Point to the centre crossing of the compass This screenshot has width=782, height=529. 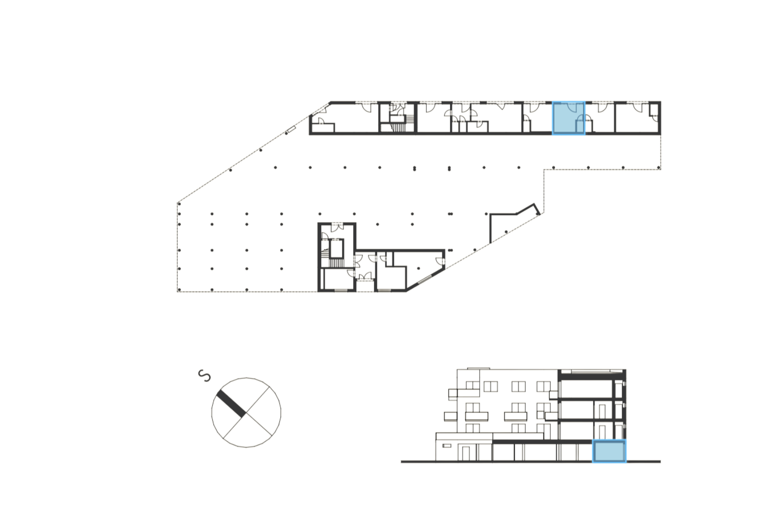(246, 413)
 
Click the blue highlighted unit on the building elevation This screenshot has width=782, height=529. (609, 451)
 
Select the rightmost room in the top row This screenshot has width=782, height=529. (638, 118)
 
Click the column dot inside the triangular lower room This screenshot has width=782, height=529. (417, 268)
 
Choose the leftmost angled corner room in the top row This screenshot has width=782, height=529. (323, 118)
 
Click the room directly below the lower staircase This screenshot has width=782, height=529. (337, 279)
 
